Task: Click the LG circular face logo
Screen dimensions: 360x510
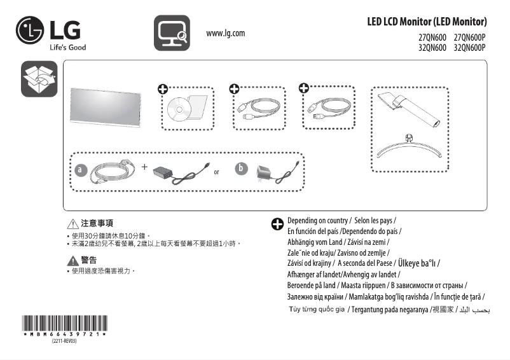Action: tap(30, 30)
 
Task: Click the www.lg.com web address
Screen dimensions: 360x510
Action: tap(226, 33)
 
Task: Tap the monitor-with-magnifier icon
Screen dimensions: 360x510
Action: tap(172, 33)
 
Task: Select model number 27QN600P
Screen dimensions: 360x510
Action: tap(470, 38)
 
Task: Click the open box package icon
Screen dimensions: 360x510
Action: tap(39, 80)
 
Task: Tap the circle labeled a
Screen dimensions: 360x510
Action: tap(79, 170)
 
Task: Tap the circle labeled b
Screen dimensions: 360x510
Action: tap(240, 169)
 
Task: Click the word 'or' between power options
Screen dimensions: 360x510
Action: tap(217, 172)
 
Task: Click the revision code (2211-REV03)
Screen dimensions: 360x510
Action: tap(64, 342)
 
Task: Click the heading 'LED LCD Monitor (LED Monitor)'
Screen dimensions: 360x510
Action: tap(427, 22)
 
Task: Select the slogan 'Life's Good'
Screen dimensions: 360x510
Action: tap(67, 47)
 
